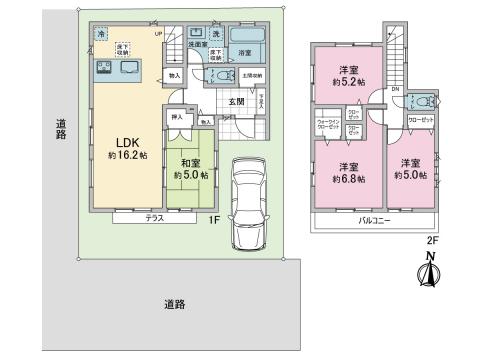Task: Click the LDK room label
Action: [x=121, y=141]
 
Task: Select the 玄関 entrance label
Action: [x=235, y=101]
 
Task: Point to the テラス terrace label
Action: [x=154, y=217]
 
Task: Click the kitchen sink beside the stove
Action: [x=132, y=69]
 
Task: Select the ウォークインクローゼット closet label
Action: [x=329, y=127]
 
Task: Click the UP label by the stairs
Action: [x=157, y=34]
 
